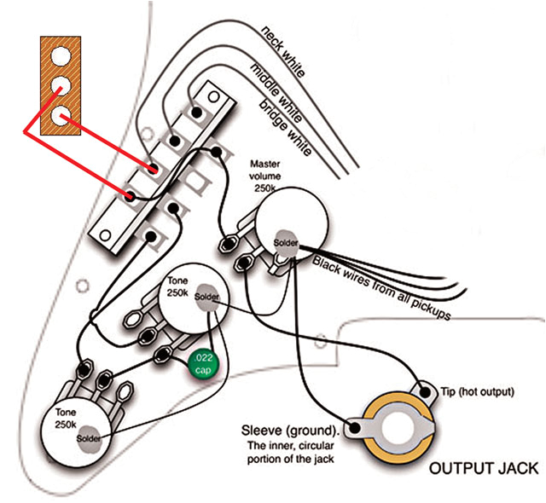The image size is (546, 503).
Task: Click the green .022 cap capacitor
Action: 204,361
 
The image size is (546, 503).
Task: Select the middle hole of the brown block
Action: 60,86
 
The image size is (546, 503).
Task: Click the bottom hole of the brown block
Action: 60,115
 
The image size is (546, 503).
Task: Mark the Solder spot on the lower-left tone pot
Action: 89,438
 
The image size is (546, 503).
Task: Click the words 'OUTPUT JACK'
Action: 483,468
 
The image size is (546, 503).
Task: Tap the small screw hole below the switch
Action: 82,282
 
